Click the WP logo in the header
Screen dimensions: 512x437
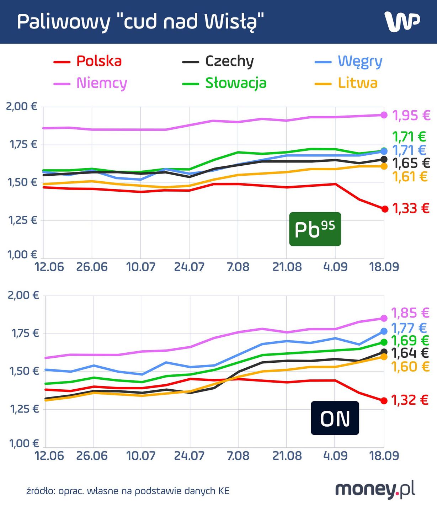click(402, 22)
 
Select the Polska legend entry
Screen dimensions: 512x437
click(88, 61)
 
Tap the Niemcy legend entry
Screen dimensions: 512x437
click(90, 83)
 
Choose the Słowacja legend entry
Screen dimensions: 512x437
click(224, 83)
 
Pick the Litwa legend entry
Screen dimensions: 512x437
click(346, 83)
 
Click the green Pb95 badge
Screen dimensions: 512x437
click(315, 229)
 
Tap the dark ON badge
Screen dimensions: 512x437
click(335, 418)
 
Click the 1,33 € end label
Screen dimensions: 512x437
click(411, 208)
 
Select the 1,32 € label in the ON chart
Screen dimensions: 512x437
click(410, 400)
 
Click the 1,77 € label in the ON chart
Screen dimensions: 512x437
click(409, 328)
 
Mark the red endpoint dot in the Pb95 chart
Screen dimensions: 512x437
click(384, 209)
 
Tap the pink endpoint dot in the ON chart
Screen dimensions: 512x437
click(384, 318)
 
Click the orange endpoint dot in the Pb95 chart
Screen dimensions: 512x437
click(384, 166)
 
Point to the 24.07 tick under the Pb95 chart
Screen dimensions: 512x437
click(189, 267)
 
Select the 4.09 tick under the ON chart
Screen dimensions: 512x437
click(335, 456)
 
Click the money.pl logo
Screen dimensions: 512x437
click(375, 490)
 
